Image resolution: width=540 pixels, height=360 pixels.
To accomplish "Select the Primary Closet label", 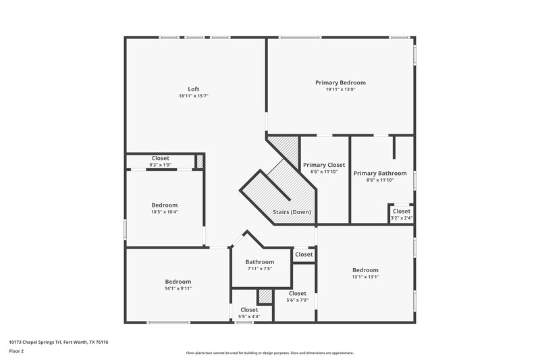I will click(x=324, y=165).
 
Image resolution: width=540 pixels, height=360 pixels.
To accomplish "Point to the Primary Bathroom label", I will click(x=380, y=173).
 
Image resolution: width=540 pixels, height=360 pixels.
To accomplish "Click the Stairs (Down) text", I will click(x=292, y=212).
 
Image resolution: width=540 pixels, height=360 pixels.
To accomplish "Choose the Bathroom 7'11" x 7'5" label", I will click(x=260, y=262).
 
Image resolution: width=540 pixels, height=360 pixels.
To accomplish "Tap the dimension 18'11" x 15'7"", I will click(x=193, y=97).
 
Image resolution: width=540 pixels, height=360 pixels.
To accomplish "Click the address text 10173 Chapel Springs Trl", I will click(x=59, y=342).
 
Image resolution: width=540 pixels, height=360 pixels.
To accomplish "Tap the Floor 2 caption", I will click(x=17, y=351).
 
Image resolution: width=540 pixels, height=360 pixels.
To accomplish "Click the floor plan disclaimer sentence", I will click(x=270, y=353).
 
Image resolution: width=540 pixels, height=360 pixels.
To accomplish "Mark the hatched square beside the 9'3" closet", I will click(x=199, y=161).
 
